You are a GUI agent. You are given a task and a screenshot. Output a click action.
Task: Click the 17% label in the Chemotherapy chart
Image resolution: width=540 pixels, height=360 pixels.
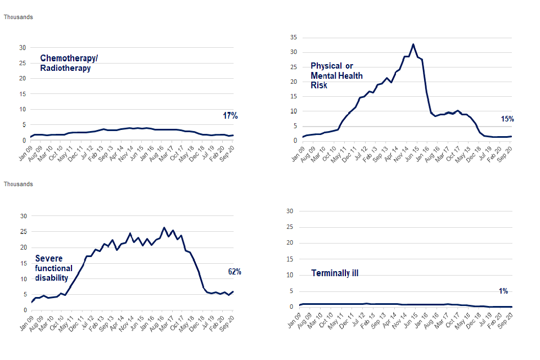coord(230,116)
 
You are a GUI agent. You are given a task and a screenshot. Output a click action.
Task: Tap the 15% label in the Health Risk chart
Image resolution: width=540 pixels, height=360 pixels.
coord(508,119)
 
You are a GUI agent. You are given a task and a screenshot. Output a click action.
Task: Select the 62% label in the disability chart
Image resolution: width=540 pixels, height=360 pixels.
coord(235,272)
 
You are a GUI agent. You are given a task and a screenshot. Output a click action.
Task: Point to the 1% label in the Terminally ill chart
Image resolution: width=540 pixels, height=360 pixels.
coord(503,291)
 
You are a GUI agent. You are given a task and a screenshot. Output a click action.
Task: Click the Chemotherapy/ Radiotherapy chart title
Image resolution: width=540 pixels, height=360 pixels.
coord(65,63)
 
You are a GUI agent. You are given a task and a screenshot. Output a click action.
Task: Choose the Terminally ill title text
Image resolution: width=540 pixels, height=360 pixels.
coord(335,273)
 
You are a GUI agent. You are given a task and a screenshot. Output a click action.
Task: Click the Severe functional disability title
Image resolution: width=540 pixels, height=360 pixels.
coord(52,268)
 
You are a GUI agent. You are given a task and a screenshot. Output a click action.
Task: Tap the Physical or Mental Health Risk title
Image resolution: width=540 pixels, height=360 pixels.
coord(336,75)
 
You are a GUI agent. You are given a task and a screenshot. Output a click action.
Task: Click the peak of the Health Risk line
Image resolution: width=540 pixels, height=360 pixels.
coord(413,44)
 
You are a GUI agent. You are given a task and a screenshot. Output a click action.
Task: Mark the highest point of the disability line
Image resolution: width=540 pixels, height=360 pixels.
coord(164,228)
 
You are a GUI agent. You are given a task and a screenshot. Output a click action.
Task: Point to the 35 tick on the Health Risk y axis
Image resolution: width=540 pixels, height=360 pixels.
coord(293,38)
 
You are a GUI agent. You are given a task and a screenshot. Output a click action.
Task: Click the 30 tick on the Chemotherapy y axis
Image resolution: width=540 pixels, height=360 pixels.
coord(22,48)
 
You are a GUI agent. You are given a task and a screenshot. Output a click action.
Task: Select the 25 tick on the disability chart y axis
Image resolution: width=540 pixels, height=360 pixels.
coord(24,232)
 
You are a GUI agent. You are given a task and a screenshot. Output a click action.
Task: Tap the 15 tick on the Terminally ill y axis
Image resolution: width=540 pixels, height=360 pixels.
coord(290,259)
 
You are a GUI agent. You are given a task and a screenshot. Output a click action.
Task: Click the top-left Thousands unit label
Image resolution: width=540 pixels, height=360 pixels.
coord(19,17)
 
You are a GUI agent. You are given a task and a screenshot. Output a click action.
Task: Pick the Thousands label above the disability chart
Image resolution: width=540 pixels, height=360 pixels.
coord(19,184)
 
